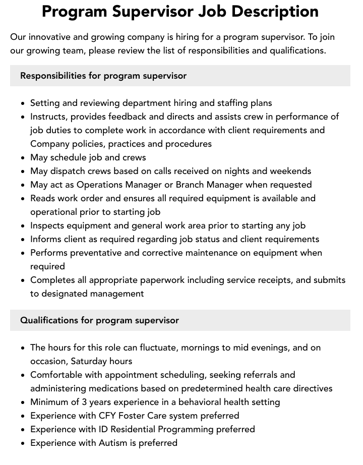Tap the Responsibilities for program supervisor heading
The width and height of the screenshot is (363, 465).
pos(103,76)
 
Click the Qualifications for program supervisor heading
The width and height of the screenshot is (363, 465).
pos(99,320)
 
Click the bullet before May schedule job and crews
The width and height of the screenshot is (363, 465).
pos(23,158)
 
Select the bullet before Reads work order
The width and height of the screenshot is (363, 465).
pos(23,199)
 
